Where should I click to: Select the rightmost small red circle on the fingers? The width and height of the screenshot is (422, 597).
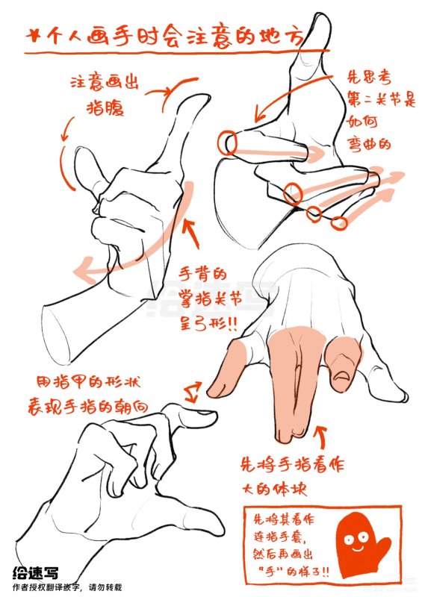point(340,222)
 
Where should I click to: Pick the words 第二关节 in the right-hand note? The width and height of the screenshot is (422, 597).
point(372,97)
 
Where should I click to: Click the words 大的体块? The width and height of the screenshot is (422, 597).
point(273,491)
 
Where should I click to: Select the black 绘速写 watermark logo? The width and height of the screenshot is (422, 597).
point(35,572)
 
